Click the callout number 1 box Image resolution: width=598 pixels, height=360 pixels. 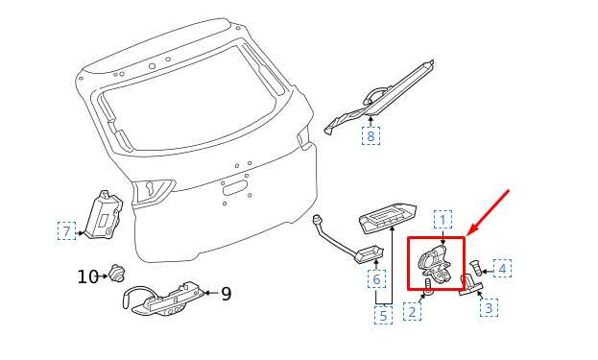443,219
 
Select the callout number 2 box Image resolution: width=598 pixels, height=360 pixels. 413,311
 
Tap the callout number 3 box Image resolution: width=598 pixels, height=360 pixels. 489,307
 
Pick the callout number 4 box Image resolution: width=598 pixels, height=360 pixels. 502,268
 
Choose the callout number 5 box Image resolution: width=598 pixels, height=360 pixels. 383,315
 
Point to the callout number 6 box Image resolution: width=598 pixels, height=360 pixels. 376,278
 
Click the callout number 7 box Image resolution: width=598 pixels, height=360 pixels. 67,230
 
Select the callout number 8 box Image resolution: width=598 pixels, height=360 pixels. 371,135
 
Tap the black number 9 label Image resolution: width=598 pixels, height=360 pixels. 227,294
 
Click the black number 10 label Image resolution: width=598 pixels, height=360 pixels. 87,276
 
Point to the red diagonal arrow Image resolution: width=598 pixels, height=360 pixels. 489,211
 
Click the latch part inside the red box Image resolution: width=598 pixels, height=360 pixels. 436,264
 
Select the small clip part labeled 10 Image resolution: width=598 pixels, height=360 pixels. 115,273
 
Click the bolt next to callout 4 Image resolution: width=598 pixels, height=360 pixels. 475,268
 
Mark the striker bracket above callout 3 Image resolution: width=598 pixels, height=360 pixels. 471,285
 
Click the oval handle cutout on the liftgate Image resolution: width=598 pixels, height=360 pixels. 234,189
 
